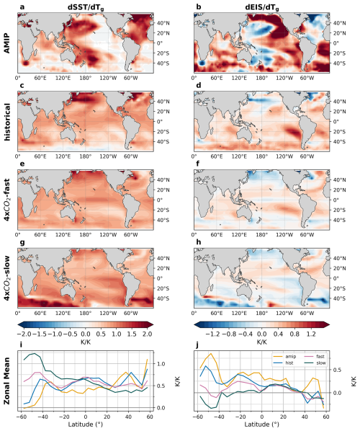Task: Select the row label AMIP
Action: pyautogui.click(x=10, y=40)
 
